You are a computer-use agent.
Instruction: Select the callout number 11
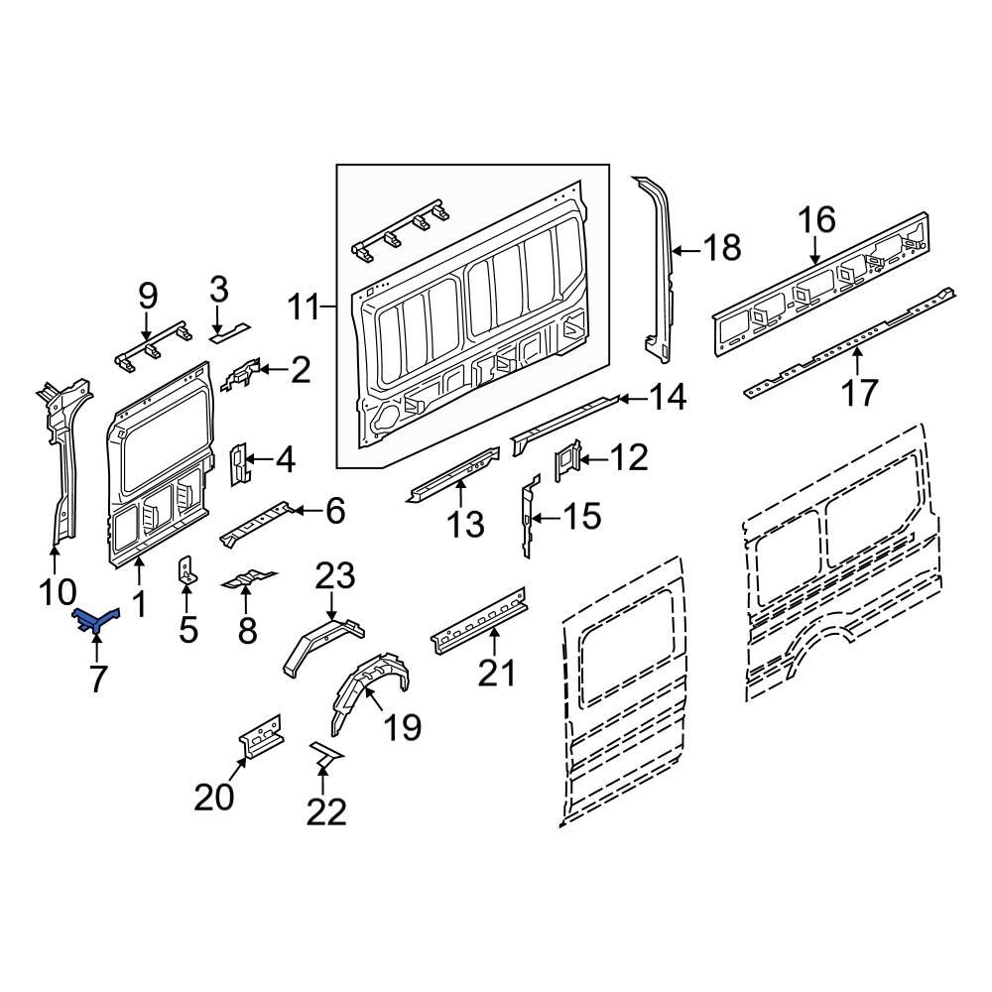[306, 308]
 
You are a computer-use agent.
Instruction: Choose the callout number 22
[326, 812]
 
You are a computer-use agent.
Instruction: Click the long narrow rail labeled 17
[848, 343]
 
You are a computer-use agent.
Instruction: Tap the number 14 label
[669, 398]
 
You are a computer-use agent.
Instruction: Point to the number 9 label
[147, 295]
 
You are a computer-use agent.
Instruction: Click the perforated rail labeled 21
[478, 620]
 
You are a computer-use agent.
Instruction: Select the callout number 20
[216, 797]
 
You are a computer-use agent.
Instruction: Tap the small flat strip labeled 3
[229, 327]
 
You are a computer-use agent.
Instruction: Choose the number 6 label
[335, 512]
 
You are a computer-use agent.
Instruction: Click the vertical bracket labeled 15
[529, 517]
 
